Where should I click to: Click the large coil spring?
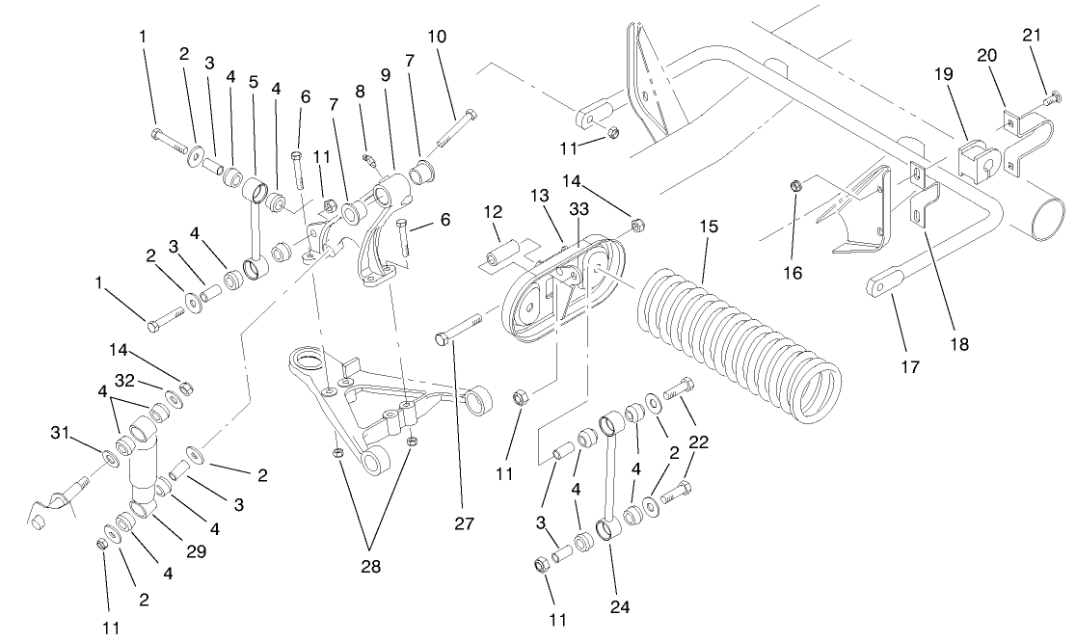click(742, 337)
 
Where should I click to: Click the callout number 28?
click(370, 567)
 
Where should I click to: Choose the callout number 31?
click(60, 432)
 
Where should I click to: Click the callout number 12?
click(493, 211)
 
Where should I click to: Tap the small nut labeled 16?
click(795, 183)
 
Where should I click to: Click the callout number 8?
click(360, 93)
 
